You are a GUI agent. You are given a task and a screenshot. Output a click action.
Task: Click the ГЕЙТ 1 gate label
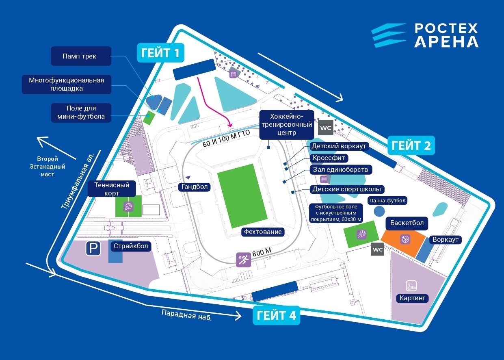[161, 52]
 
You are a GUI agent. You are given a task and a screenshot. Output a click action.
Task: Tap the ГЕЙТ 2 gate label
[411, 145]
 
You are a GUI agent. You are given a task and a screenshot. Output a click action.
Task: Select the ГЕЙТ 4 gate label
[276, 315]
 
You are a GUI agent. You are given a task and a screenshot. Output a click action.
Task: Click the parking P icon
[93, 248]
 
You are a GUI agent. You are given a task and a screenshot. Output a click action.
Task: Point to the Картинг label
[412, 299]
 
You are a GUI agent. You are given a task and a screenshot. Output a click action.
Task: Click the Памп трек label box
[81, 56]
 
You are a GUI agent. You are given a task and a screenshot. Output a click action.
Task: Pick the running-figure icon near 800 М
[244, 260]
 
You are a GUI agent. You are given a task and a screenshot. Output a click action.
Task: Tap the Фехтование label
[262, 232]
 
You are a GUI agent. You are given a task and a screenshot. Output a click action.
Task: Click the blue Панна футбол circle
[379, 211]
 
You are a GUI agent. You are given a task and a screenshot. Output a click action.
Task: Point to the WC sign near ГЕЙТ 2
[326, 128]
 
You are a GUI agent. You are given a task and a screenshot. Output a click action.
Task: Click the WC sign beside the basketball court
[378, 249]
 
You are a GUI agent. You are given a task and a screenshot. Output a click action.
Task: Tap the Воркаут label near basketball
[446, 240]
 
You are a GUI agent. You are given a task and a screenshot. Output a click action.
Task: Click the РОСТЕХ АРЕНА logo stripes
[389, 35]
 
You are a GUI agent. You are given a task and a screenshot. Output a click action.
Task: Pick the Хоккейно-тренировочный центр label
[286, 124]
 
